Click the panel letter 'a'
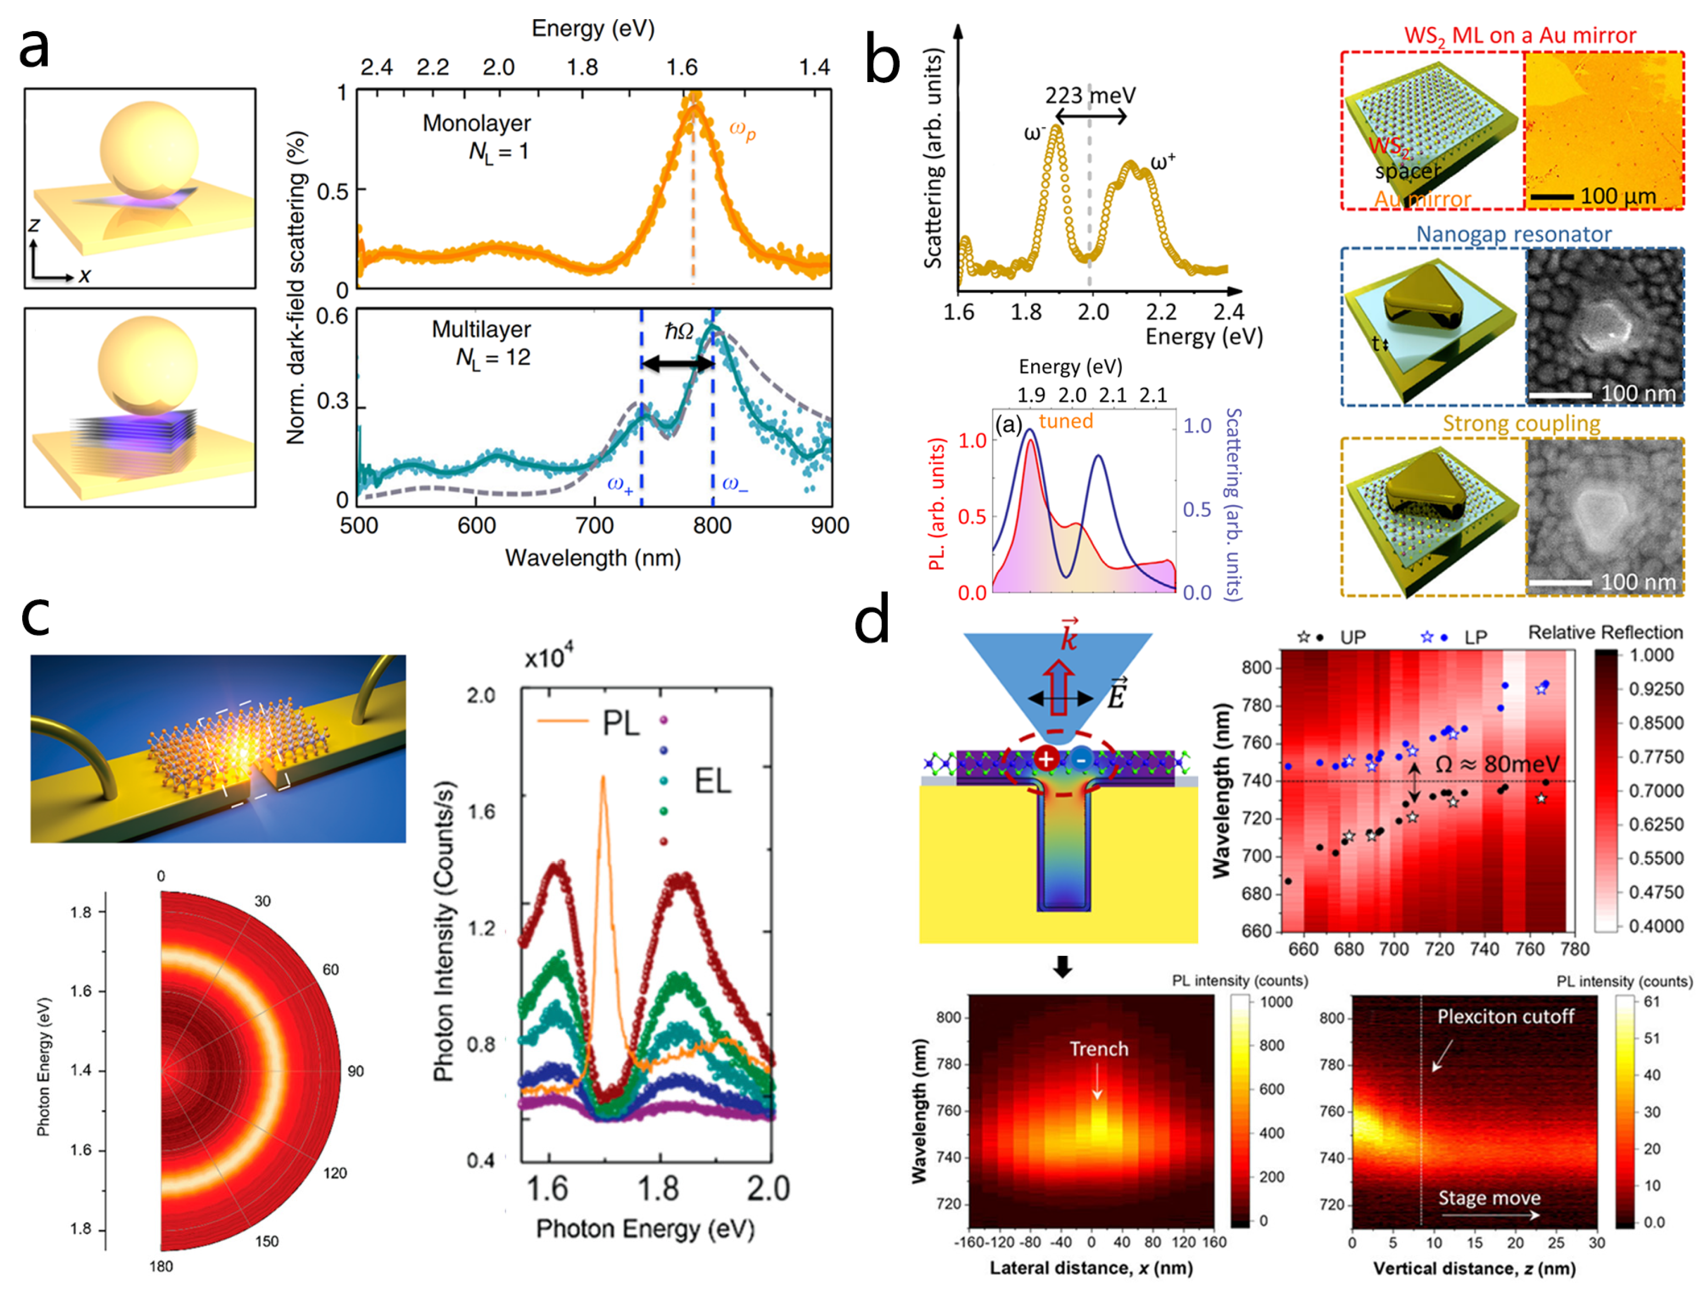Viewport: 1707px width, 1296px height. (34, 48)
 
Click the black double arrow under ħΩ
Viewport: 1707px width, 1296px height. (677, 363)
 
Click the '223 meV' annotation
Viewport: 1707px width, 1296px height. (1089, 96)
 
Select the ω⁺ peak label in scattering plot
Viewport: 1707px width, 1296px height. (1162, 163)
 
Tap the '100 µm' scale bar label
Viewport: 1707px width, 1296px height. (1618, 196)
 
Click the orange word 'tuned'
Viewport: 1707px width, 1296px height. (1066, 421)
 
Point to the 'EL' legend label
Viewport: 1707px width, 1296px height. (712, 781)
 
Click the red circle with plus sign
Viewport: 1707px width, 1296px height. (1046, 759)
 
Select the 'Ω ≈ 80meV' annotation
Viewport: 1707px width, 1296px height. (1496, 764)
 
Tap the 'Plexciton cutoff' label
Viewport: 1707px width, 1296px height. (1505, 1017)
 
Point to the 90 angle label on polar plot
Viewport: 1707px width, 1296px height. (355, 1071)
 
